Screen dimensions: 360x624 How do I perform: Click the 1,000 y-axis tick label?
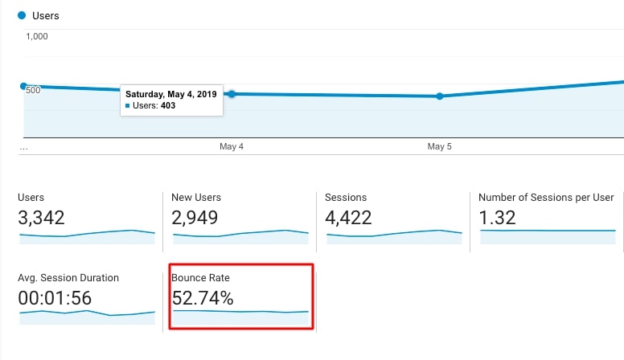point(37,36)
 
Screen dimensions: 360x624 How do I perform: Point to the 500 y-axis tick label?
point(33,90)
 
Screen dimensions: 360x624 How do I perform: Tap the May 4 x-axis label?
point(232,147)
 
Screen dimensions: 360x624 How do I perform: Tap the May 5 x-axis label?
point(439,147)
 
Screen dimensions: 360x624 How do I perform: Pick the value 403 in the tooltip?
point(168,105)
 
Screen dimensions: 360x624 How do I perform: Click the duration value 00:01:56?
point(55,298)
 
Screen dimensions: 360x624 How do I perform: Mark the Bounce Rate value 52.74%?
point(203,298)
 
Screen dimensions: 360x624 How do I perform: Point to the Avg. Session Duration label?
point(68,278)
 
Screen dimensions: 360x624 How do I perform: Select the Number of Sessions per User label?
point(546,198)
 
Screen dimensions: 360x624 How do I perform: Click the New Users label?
point(196,198)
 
